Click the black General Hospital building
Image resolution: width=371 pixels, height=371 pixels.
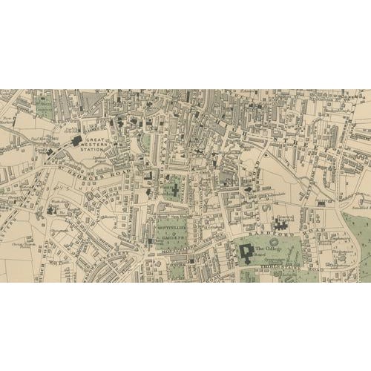(x=282, y=223)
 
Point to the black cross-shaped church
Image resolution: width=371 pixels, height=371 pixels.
(x=175, y=190)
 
